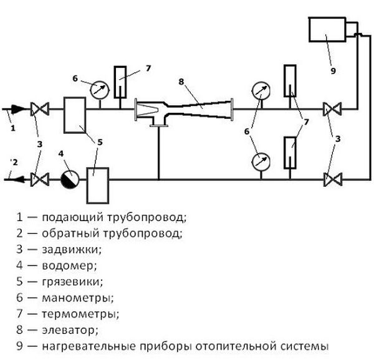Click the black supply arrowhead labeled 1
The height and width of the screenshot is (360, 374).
(19, 111)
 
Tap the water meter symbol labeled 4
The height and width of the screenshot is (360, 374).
(70, 179)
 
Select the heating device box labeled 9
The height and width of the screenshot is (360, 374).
(328, 37)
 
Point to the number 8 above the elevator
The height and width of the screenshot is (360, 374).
(180, 81)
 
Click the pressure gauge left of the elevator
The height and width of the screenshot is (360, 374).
(98, 90)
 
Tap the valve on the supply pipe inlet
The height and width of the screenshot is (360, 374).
(42, 111)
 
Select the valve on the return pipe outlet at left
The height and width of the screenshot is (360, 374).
(42, 180)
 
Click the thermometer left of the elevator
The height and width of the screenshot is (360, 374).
(121, 82)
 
